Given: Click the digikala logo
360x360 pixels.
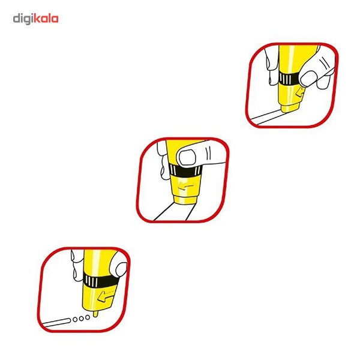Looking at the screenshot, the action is pyautogui.click(x=35, y=19).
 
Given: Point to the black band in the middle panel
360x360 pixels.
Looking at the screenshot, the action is pyautogui.click(x=186, y=170).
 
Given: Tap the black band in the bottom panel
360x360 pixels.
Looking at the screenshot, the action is pyautogui.click(x=101, y=281).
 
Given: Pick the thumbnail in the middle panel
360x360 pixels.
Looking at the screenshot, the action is pyautogui.click(x=187, y=157).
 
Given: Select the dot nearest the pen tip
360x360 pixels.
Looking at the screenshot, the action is pyautogui.click(x=88, y=317).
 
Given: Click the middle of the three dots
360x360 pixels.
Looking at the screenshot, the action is pyautogui.click(x=81, y=319).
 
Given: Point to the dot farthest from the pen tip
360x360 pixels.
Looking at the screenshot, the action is pyautogui.click(x=75, y=320).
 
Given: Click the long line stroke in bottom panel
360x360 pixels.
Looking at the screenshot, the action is pyautogui.click(x=56, y=322).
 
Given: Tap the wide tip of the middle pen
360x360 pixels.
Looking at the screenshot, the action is pyautogui.click(x=185, y=200).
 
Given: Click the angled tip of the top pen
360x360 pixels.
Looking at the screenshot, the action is pyautogui.click(x=290, y=108).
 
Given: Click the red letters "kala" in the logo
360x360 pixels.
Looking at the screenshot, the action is pyautogui.click(x=46, y=19).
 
